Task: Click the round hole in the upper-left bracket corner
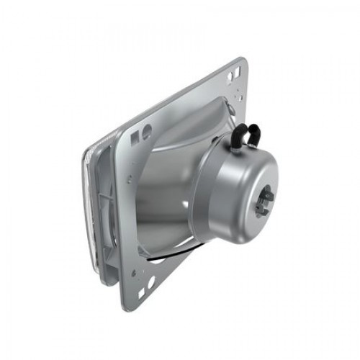coord(146,132)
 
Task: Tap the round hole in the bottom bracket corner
coord(150,281)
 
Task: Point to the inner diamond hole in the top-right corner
coord(230,77)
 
